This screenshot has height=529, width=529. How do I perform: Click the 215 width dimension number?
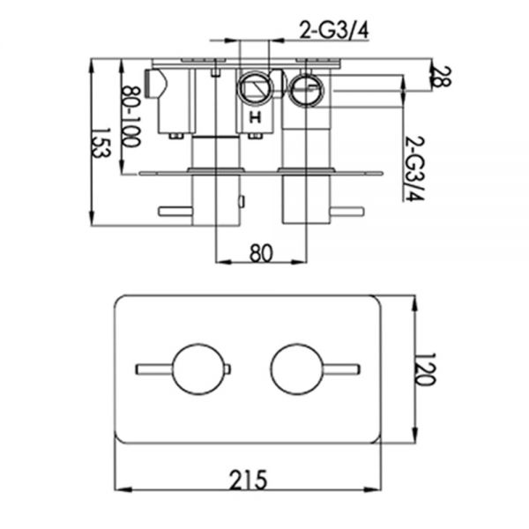[248, 480]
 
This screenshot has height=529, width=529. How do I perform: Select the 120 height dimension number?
[425, 369]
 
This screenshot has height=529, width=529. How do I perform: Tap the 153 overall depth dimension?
[101, 142]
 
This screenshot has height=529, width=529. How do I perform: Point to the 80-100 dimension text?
[130, 116]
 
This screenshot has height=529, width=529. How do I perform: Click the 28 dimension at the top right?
[441, 77]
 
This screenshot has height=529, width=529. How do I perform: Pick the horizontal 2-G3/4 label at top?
[334, 31]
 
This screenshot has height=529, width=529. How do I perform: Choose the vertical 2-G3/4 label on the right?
[414, 168]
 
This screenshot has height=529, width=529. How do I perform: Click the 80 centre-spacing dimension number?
[261, 253]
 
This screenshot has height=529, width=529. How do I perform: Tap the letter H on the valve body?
[255, 118]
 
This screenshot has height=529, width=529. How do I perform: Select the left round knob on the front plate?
[198, 369]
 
